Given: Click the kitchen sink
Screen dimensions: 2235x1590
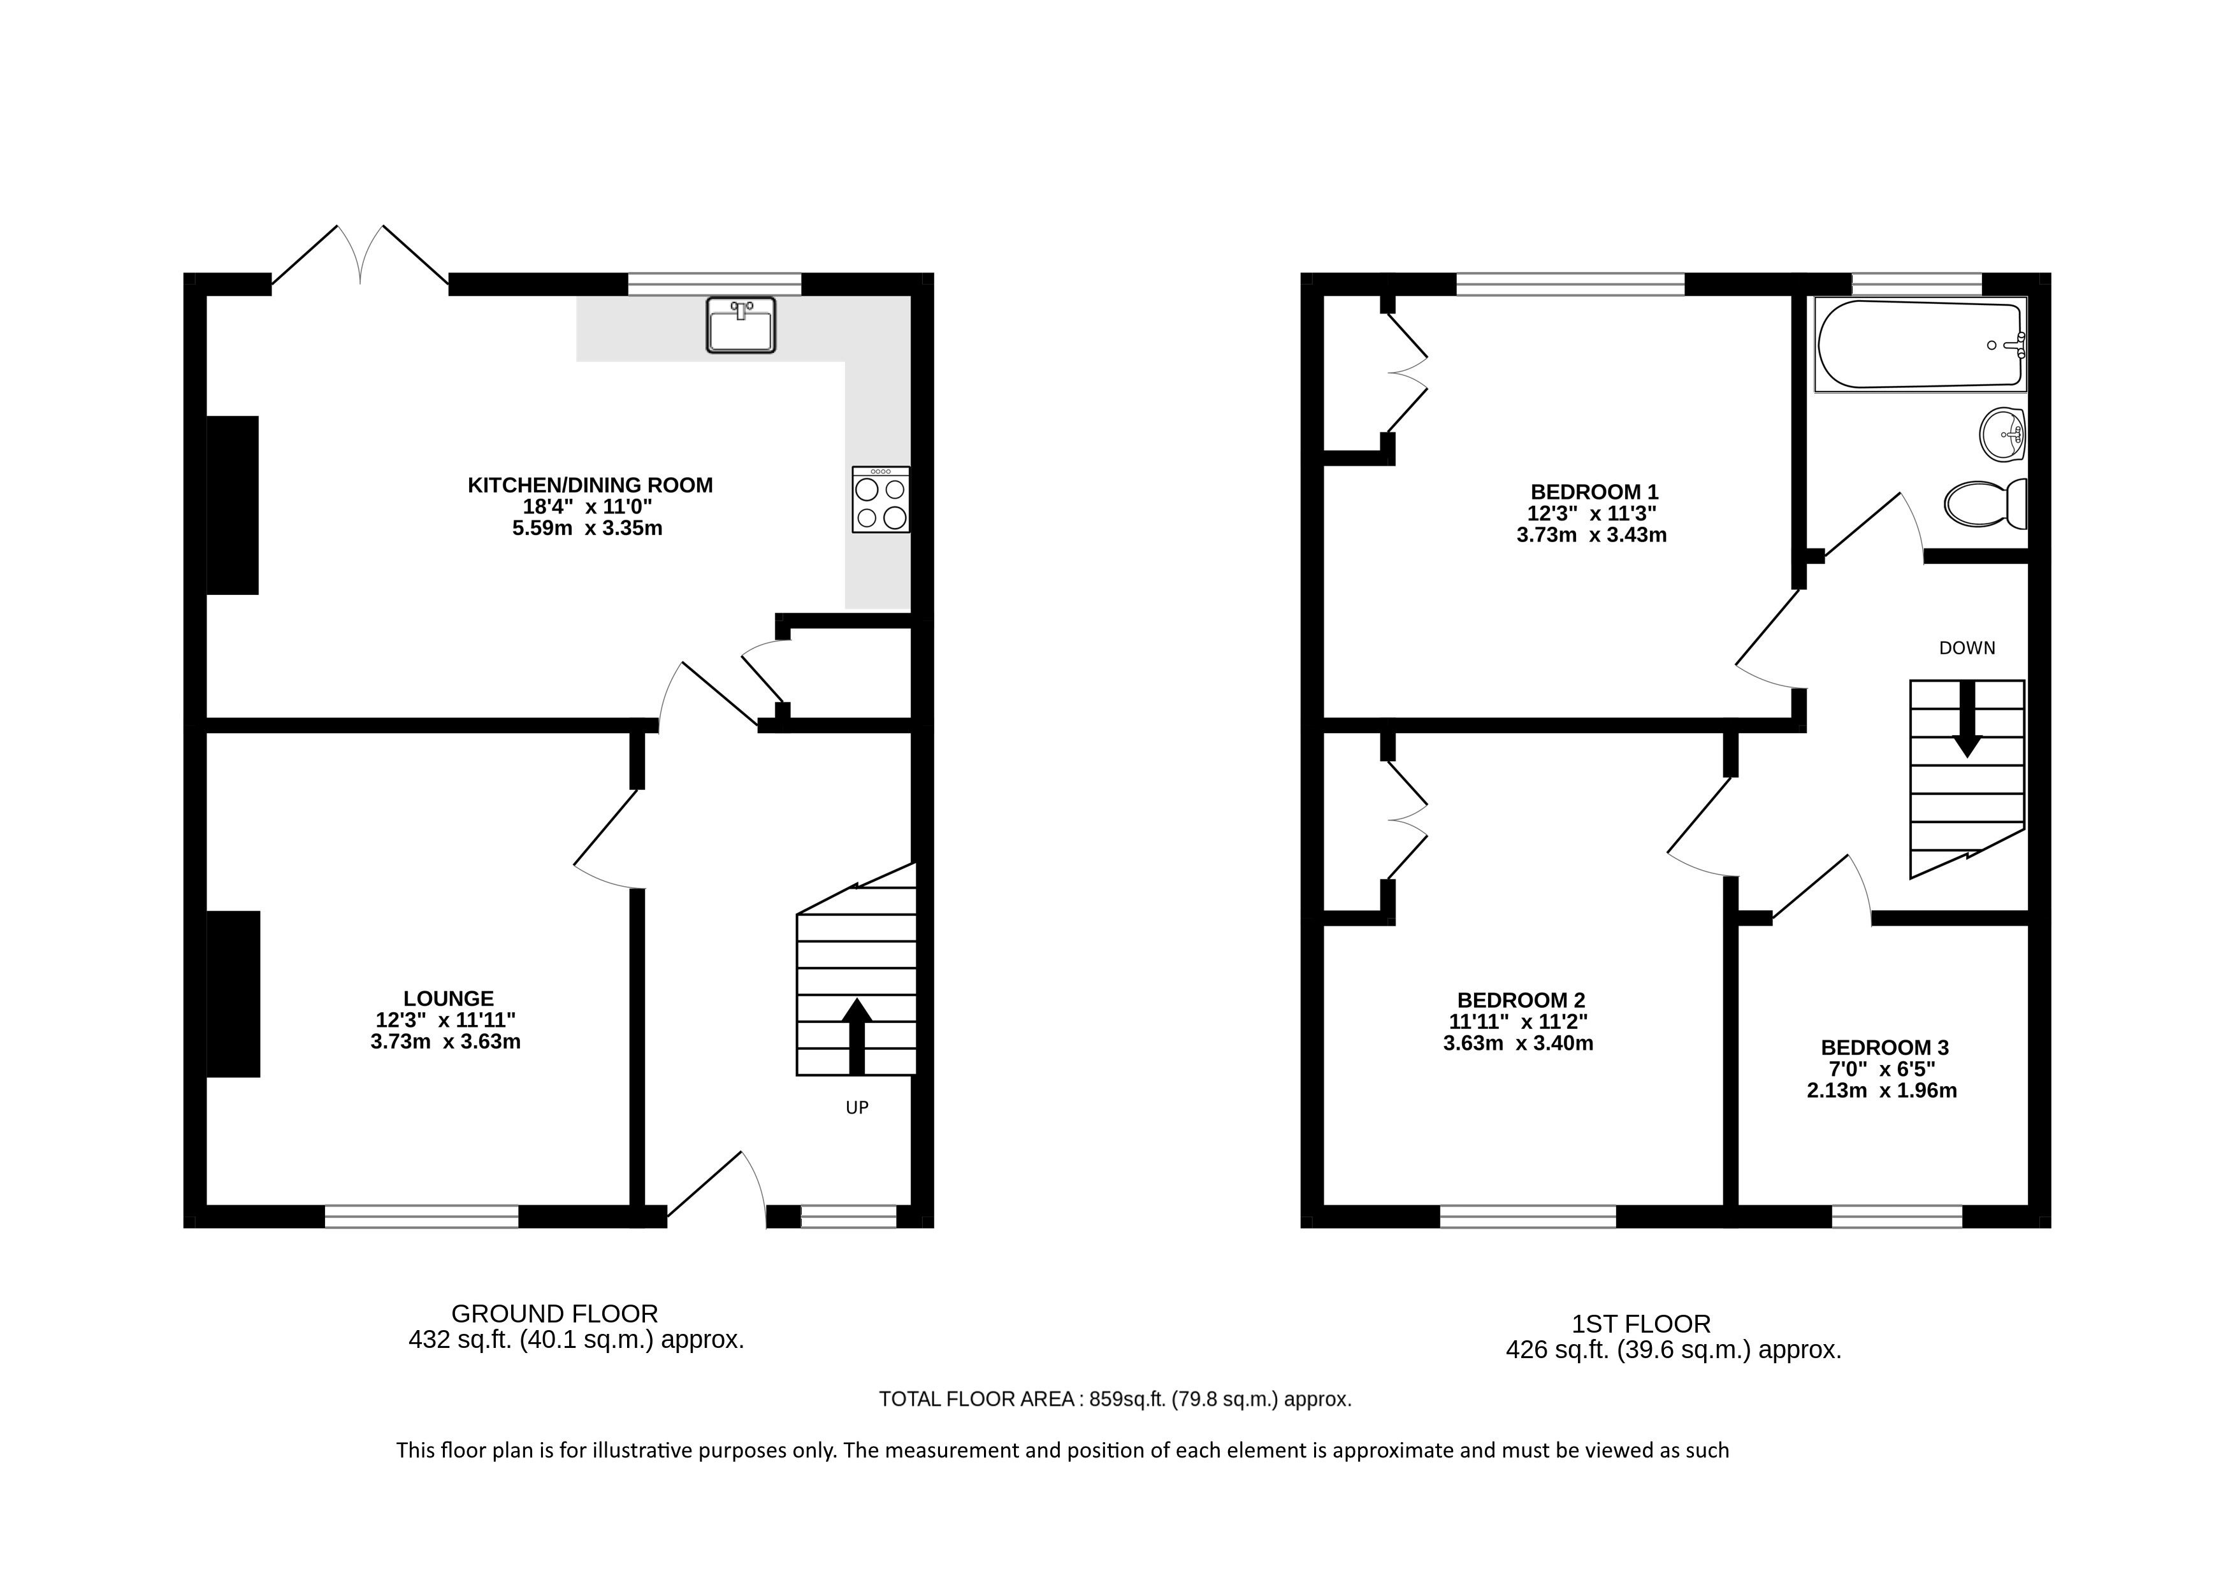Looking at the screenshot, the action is (741, 324).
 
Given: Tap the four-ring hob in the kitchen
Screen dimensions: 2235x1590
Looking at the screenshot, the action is (881, 499).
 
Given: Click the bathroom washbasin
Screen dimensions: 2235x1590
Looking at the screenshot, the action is (2003, 434).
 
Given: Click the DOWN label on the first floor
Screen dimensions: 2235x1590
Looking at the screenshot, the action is (1967, 648).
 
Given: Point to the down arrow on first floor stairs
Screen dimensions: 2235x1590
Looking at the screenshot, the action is (1967, 720).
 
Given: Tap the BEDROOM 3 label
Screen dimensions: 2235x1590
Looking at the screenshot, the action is (1884, 1048).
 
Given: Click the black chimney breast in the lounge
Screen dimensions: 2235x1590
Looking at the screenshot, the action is (233, 994).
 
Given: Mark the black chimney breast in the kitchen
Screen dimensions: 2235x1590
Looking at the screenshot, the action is (232, 505).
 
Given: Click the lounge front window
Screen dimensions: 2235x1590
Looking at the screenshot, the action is (421, 1216).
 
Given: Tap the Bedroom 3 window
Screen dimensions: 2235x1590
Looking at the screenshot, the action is (1897, 1216).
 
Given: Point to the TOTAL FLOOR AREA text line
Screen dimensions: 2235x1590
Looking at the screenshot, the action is (1115, 1399).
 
